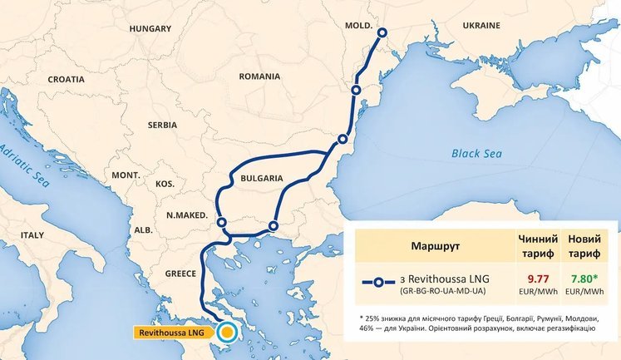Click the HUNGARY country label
coord(150,28)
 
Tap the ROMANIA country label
coord(259,76)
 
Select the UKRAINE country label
coord(475,27)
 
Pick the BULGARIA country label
coord(260,179)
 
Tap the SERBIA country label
coord(162,125)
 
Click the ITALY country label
coord(32,235)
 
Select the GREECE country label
coord(180,273)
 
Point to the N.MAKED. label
coord(186,215)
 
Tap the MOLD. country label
coord(358,26)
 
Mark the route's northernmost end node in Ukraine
coord(382,33)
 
